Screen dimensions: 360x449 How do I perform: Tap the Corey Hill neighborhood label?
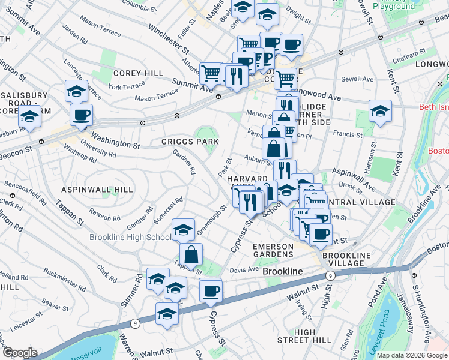coord(138,73)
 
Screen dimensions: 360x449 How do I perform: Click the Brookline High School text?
coord(130,237)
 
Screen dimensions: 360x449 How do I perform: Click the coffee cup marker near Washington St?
coord(81,114)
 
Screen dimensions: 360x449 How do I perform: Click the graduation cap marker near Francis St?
coord(379,111)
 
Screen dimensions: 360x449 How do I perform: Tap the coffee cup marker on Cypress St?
coord(210,291)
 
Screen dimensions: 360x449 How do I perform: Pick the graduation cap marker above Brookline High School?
coord(183,229)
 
